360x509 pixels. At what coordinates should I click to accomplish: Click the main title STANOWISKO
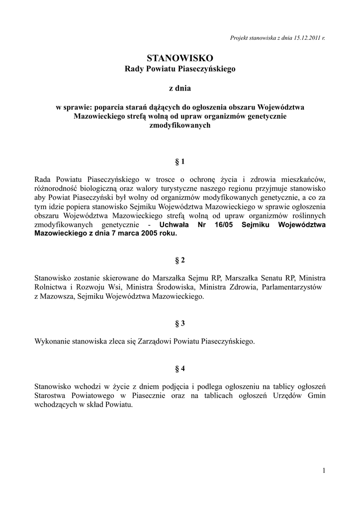180,59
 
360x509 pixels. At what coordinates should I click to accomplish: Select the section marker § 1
180,162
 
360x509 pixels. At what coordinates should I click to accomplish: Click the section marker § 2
180,260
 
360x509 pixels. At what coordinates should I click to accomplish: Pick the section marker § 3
180,323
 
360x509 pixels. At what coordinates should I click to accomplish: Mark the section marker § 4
180,368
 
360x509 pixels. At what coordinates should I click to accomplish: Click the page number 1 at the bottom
324,470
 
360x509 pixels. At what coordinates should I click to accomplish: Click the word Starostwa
52,395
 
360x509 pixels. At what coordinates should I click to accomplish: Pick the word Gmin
316,395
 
